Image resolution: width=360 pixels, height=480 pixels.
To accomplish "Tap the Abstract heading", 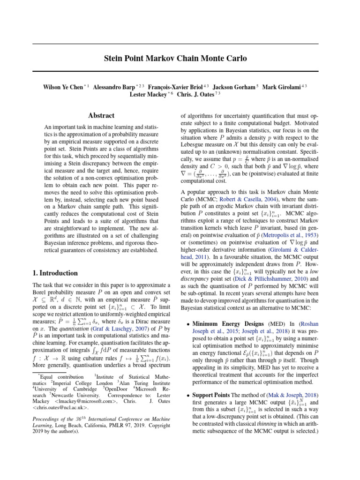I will (x=101, y=115).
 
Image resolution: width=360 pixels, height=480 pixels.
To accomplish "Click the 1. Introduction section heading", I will (x=54, y=273).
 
